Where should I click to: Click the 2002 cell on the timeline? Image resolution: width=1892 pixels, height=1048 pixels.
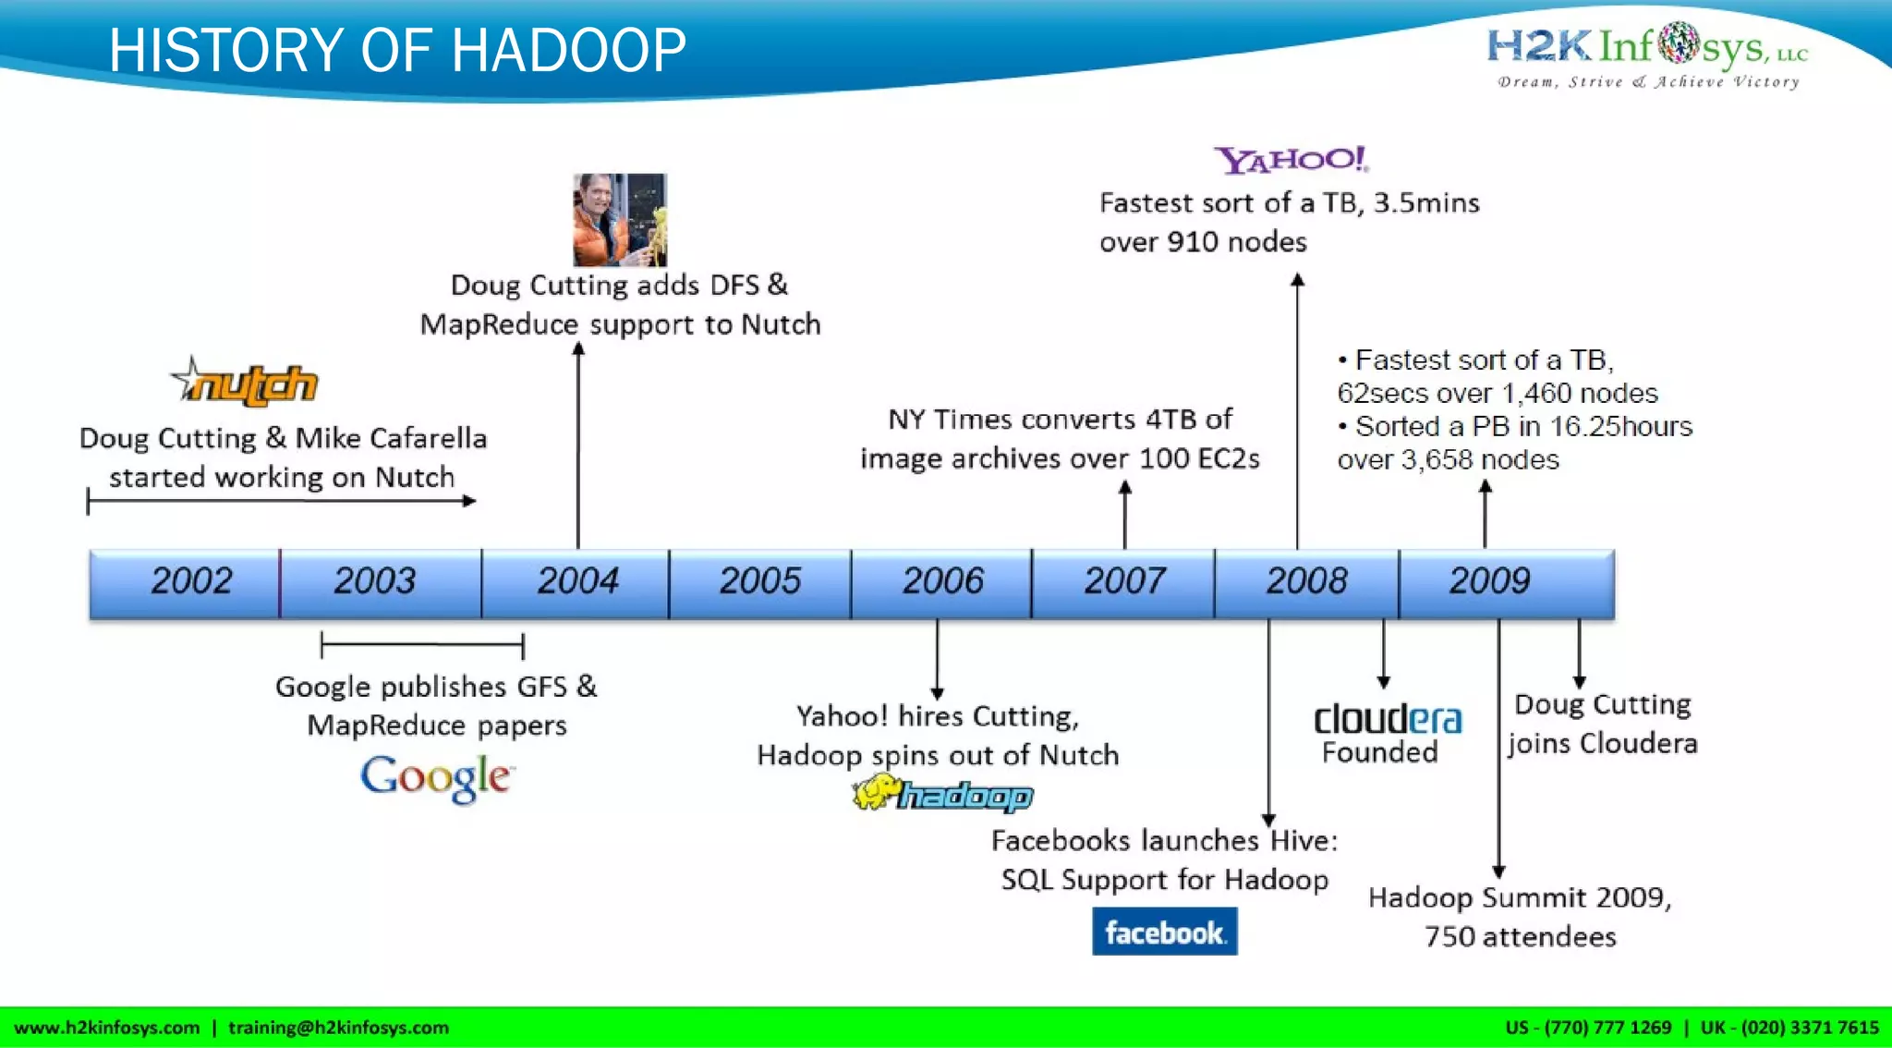190,581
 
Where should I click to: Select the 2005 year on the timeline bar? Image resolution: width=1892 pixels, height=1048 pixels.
759,581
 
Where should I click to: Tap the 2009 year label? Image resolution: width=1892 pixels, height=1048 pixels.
1488,581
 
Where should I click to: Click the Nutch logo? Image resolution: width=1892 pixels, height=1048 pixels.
246,383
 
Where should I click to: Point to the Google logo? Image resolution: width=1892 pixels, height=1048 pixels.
435,778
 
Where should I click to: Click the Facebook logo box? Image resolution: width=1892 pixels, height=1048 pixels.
1164,932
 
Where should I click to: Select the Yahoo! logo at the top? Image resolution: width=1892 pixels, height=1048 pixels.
1291,160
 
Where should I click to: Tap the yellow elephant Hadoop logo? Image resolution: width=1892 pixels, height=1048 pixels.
942,794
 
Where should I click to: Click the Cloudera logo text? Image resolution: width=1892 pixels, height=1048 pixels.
1388,720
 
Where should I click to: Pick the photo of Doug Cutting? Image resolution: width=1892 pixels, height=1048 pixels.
619,220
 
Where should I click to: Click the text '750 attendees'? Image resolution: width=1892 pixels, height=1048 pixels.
1520,937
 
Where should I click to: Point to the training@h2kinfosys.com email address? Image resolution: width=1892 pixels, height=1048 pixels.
338,1028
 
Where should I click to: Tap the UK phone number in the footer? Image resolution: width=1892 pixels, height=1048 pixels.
1789,1028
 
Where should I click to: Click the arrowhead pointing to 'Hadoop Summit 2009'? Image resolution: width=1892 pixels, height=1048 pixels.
1498,871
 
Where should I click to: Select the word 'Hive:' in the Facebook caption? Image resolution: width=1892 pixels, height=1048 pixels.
1304,841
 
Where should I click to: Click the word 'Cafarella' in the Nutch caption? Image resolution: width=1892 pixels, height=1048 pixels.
428,438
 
